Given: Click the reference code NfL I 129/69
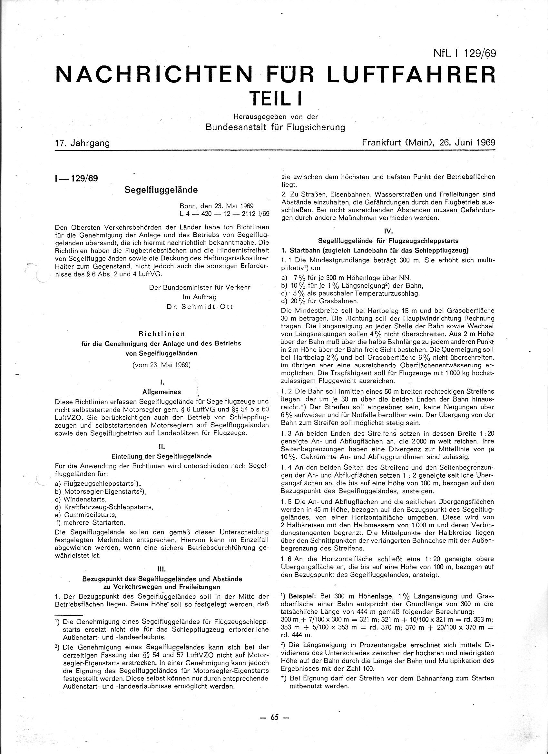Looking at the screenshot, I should point(464,53).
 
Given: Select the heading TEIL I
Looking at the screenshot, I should point(276,98).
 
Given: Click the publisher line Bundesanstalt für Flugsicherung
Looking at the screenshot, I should point(275,127).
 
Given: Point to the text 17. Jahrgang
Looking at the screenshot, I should point(83,143).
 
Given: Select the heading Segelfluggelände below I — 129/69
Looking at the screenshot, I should point(161,190).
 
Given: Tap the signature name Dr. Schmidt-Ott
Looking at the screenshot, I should point(200,306).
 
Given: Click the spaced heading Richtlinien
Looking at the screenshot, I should point(161,333).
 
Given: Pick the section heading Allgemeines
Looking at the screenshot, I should point(161,392).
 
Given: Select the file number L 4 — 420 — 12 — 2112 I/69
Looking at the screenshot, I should point(224,213).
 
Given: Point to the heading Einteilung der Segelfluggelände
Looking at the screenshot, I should point(161,456).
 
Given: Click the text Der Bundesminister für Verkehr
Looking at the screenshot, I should point(200,287).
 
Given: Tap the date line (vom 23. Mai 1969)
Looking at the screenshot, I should point(161,365).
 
